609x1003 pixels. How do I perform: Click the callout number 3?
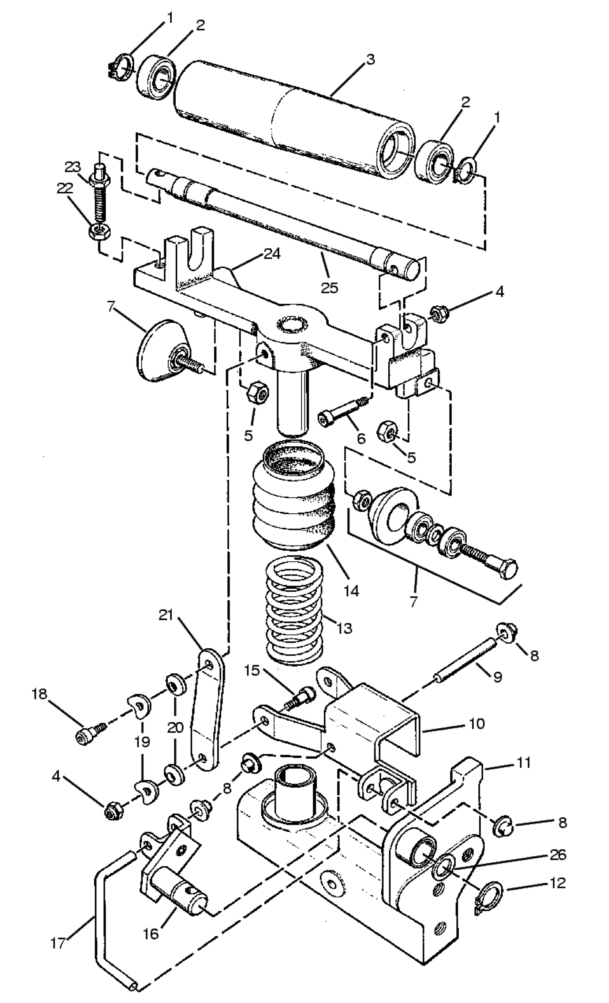(370, 60)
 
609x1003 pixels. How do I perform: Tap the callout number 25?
(329, 288)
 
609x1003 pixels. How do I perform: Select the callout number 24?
(272, 254)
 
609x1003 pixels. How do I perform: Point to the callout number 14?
(351, 591)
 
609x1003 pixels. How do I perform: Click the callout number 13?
(345, 628)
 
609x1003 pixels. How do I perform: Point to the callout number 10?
(477, 723)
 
